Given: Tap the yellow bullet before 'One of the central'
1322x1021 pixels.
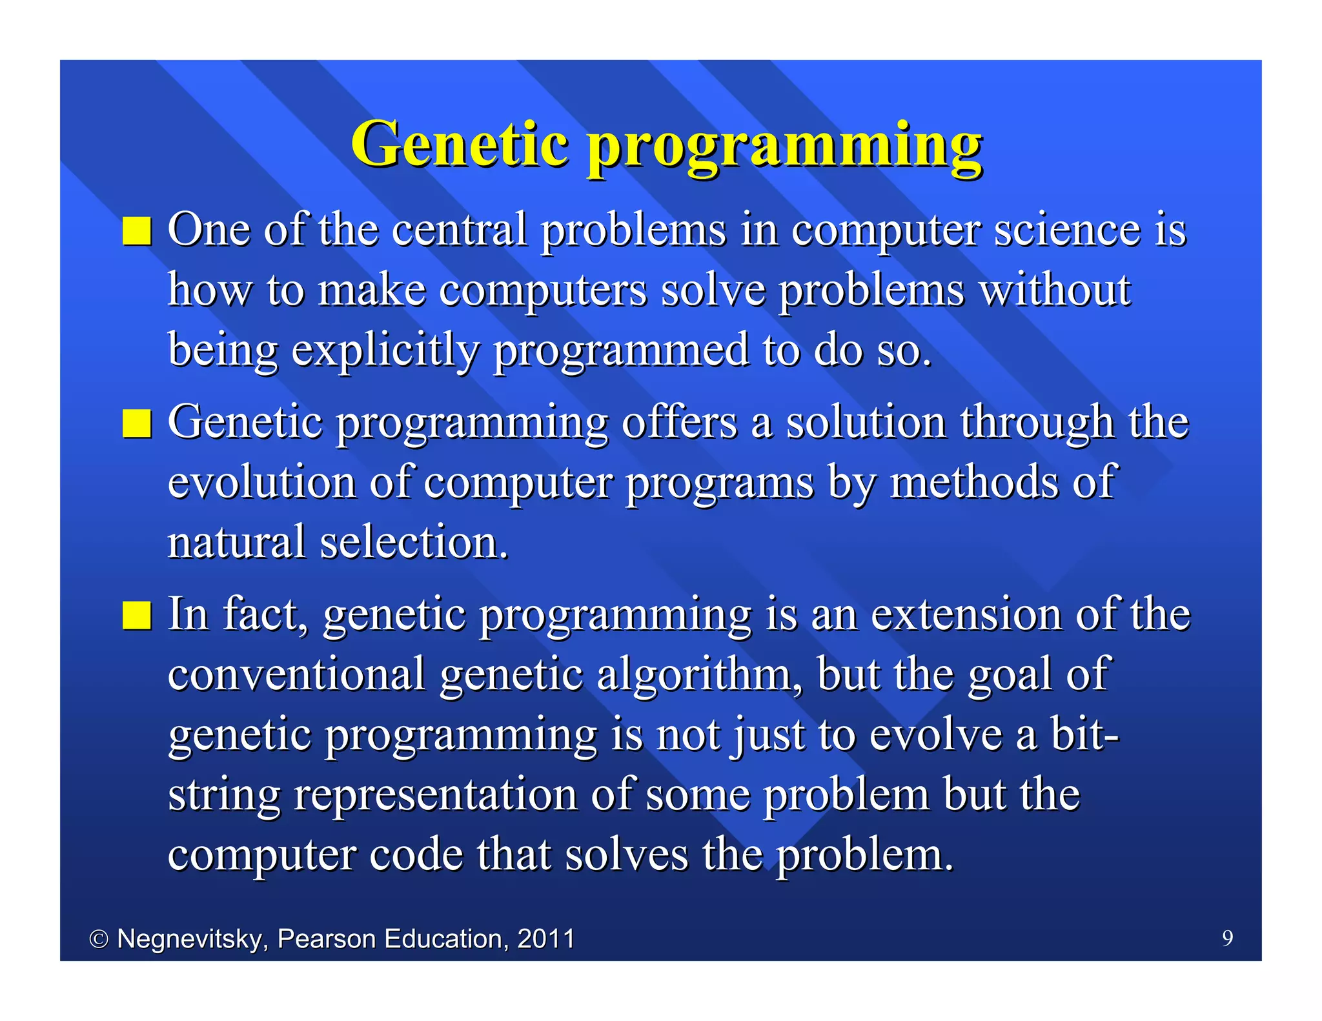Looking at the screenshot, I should [137, 231].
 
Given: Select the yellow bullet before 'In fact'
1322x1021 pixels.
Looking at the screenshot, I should [137, 615].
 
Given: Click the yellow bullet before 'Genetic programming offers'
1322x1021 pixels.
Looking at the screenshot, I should [137, 423].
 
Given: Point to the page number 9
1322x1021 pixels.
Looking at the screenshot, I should [1227, 938].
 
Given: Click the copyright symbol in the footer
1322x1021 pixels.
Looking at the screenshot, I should [98, 939].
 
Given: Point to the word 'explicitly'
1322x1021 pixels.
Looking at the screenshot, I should [385, 350].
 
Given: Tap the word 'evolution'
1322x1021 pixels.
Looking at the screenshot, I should [261, 483].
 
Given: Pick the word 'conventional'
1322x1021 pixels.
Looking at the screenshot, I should [296, 675].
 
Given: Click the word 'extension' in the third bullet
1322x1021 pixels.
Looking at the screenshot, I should [966, 614].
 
